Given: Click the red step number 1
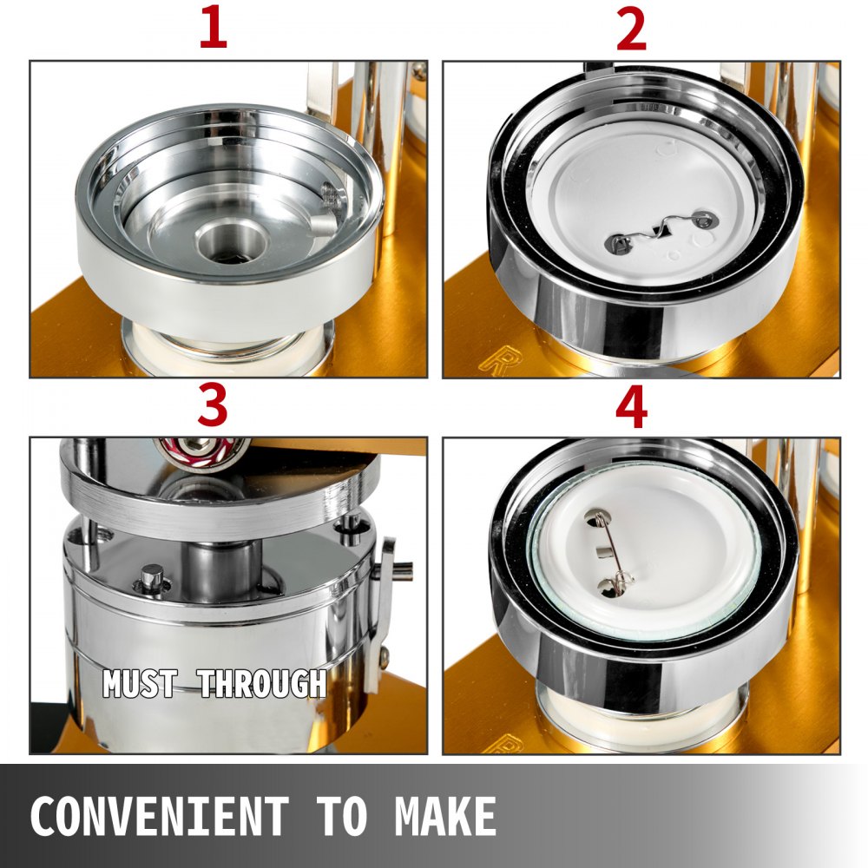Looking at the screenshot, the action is (214, 29).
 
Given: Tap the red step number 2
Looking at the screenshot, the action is (631, 30).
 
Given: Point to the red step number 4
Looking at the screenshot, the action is (632, 407).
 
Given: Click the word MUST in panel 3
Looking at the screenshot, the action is (141, 683).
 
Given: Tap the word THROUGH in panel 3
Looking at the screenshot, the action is (262, 683).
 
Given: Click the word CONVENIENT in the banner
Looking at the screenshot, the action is (160, 816).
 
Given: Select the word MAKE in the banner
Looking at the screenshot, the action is (445, 816).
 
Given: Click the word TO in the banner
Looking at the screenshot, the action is (342, 816).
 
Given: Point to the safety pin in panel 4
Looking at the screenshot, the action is (608, 552).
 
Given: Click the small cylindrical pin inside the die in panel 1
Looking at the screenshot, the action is (324, 224).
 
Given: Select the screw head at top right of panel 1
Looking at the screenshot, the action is (419, 70).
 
